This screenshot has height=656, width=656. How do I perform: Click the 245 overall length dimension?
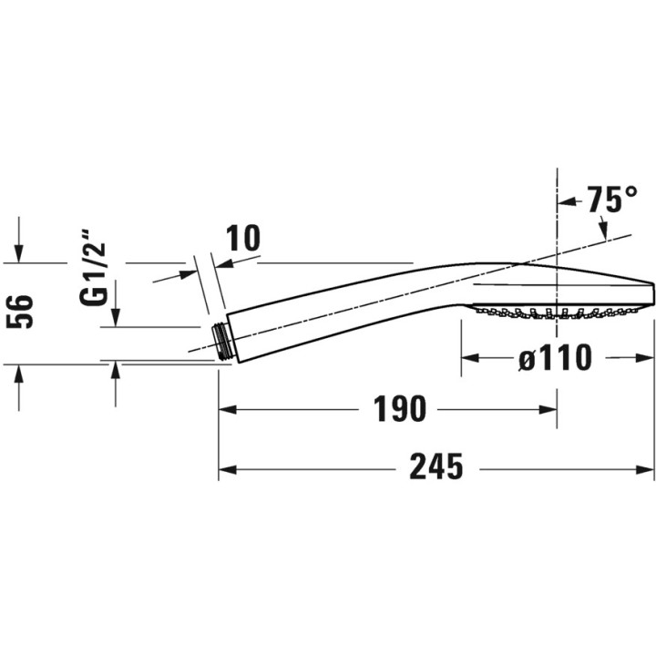pos(436,466)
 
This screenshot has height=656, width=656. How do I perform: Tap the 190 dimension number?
pos(400,409)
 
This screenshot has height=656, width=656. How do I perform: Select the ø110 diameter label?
pos(555,358)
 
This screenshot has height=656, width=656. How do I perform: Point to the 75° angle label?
pos(611,200)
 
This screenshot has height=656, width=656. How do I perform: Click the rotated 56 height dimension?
pos(20,312)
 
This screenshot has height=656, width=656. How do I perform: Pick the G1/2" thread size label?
pos(93,267)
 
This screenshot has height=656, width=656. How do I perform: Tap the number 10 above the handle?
pos(242,238)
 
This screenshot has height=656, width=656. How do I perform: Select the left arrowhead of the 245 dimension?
pos(228,469)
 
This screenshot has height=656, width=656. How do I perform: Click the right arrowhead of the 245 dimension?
pos(645,469)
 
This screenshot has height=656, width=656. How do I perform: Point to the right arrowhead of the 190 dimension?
pos(548,410)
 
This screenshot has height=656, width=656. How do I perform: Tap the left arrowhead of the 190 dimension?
pos(228,410)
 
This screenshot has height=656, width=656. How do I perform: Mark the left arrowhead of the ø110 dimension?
pos(470,358)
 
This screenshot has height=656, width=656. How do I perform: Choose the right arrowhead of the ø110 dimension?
pos(645,358)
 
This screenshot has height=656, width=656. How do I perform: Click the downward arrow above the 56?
pos(19,253)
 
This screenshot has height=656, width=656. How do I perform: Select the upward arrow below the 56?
pos(19,374)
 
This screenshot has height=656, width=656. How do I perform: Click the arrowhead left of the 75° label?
pos(567,202)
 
